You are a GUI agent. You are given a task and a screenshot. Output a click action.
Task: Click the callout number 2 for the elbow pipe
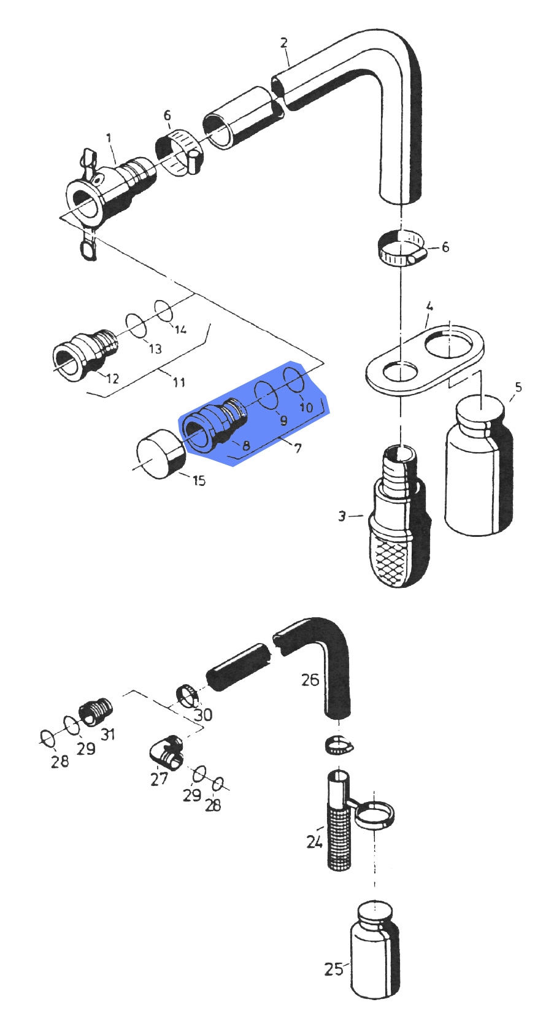(283, 42)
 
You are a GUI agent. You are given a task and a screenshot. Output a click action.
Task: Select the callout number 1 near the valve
(109, 138)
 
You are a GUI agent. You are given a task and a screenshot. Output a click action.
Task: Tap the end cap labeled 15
(160, 454)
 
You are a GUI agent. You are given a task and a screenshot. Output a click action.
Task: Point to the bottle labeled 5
(479, 466)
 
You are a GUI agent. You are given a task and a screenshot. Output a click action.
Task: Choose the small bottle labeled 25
(375, 948)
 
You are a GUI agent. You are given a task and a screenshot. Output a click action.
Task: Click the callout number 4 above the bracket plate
(429, 306)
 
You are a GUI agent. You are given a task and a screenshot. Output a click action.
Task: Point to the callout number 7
(298, 448)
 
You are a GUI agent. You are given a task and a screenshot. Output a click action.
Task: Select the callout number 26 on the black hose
(310, 679)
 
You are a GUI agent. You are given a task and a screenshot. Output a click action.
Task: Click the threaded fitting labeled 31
(96, 712)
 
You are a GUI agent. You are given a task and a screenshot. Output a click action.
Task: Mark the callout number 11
(179, 382)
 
